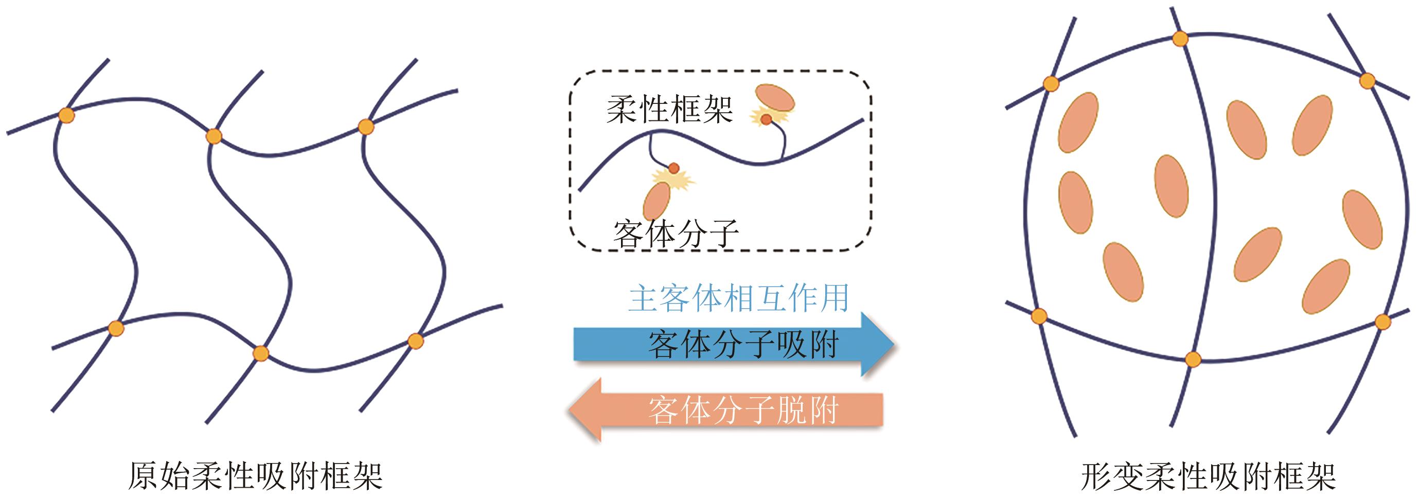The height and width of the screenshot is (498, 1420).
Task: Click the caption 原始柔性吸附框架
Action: [255, 476]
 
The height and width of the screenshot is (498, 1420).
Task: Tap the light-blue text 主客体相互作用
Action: [738, 298]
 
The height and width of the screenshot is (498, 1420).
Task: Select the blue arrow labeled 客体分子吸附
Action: [733, 345]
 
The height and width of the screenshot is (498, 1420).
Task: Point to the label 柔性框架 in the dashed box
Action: [669, 109]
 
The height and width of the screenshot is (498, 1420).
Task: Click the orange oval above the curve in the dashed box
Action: [774, 98]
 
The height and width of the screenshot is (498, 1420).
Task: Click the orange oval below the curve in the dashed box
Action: [656, 201]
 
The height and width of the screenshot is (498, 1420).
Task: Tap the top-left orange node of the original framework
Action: [66, 116]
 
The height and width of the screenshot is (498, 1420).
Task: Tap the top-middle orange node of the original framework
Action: [214, 136]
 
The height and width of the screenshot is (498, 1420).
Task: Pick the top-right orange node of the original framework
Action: [365, 127]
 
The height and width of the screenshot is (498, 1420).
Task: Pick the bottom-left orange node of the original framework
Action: [115, 329]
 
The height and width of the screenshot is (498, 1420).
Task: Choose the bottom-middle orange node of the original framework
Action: [260, 353]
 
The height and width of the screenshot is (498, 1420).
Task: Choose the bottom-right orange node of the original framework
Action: [415, 341]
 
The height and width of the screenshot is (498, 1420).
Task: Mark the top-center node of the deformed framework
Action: [1180, 39]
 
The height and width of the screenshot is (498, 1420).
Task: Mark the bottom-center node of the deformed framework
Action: [1193, 360]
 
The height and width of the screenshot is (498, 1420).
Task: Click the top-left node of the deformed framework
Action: [1051, 84]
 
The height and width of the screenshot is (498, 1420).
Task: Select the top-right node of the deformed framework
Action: [1368, 81]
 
